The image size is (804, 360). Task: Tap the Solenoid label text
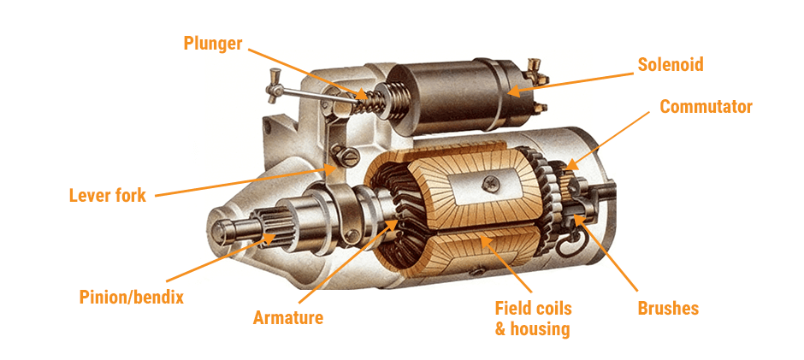(671, 64)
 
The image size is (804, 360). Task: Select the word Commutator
(706, 107)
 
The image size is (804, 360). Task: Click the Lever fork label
(108, 196)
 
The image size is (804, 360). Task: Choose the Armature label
(288, 318)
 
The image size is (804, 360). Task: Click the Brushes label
(668, 308)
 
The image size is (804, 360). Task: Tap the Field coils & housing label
(533, 317)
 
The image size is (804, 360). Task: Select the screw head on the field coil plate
(494, 181)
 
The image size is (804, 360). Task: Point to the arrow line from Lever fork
(239, 182)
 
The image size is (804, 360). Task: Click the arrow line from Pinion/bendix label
(205, 263)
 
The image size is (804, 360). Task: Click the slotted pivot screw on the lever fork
(347, 155)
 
